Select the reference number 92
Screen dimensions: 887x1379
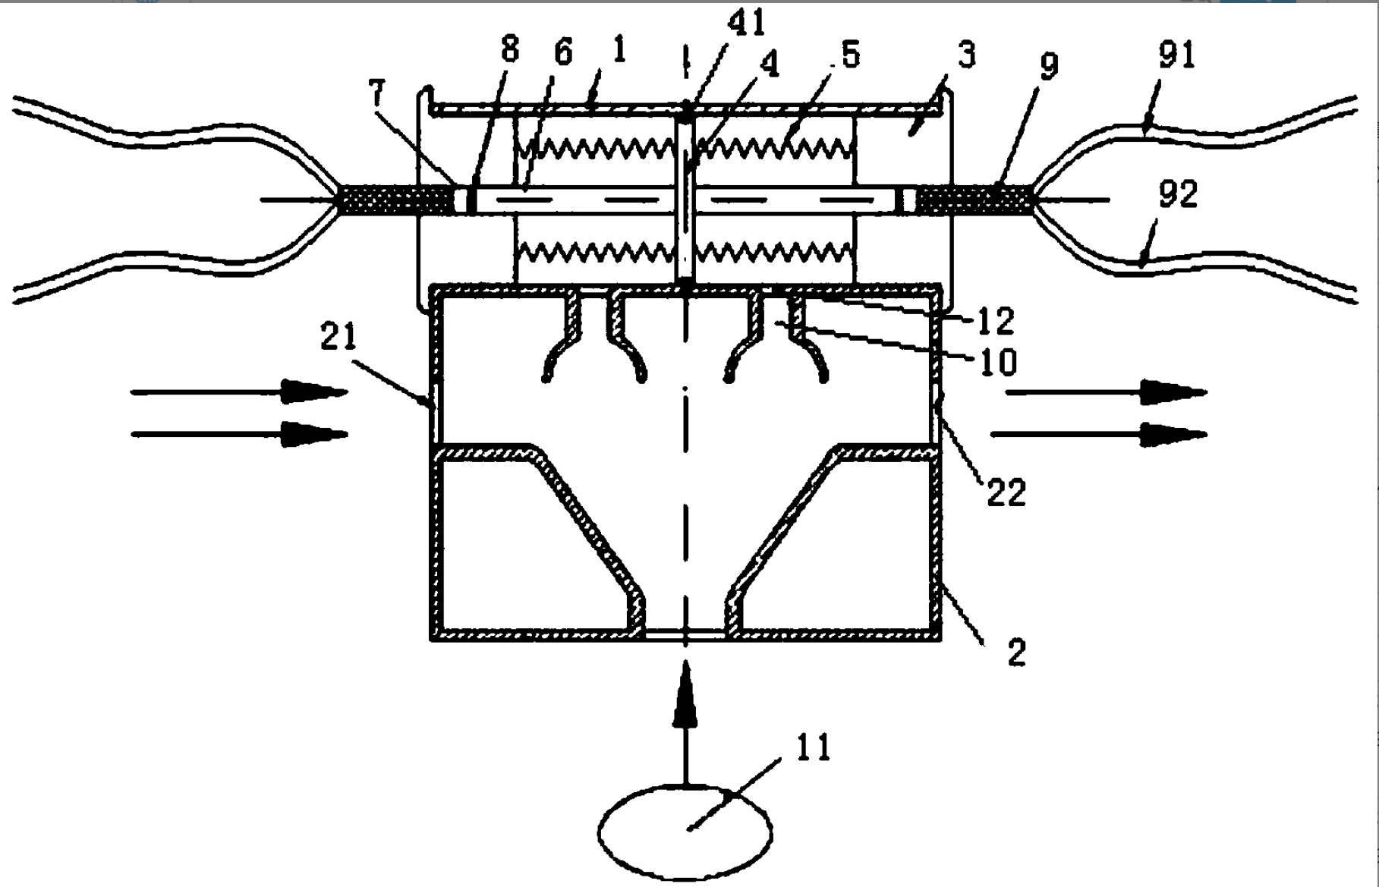(x=1178, y=194)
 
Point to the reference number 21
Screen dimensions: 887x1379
(x=338, y=336)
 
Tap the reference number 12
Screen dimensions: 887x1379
(x=995, y=322)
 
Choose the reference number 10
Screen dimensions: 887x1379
(x=998, y=362)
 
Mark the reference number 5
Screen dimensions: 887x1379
(x=850, y=55)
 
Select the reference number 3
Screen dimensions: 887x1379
(x=966, y=55)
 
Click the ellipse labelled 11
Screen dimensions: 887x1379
(x=685, y=832)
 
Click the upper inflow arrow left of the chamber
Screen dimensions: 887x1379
(x=239, y=392)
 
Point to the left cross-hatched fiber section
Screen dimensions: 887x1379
(x=395, y=200)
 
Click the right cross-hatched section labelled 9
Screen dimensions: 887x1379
(x=975, y=200)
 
